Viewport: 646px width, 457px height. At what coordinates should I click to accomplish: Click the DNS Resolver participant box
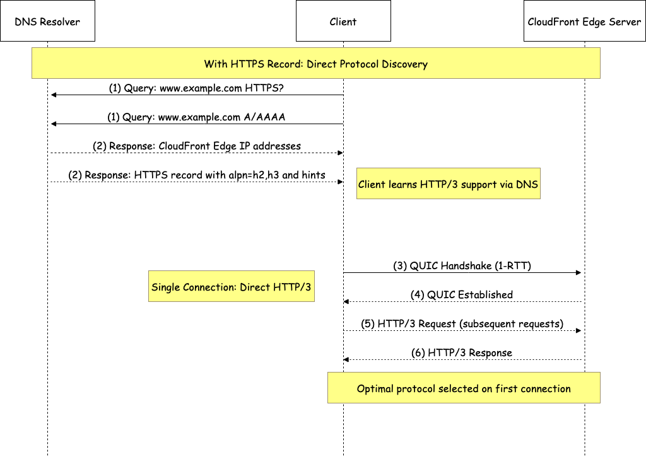(x=47, y=21)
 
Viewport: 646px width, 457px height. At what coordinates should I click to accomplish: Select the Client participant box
(x=343, y=21)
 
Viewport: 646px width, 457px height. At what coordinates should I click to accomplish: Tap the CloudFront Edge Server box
(x=584, y=21)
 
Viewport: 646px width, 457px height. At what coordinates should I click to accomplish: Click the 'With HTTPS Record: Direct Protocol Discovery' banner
(x=315, y=64)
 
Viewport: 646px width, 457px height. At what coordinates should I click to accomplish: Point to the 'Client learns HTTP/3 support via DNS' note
(x=448, y=184)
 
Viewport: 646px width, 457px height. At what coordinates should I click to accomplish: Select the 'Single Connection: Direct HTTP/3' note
(x=231, y=287)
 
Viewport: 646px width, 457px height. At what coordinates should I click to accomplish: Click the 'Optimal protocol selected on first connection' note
(x=463, y=388)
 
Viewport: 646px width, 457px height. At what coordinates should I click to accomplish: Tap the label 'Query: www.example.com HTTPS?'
(x=196, y=88)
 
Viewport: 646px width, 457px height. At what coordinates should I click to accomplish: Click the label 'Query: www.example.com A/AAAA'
(x=196, y=117)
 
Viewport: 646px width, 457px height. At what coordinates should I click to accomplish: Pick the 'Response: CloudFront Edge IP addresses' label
(x=196, y=146)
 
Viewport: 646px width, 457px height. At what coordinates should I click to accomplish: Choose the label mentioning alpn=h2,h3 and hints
(x=196, y=175)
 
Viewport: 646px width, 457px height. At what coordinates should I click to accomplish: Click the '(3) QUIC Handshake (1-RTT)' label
(x=462, y=265)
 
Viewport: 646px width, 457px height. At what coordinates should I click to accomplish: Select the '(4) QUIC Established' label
(x=462, y=294)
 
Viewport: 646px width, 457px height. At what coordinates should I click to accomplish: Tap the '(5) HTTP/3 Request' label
(x=462, y=323)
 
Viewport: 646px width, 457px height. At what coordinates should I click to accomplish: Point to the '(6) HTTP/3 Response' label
(x=462, y=352)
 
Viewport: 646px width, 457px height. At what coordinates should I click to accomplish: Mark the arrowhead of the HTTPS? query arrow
(x=54, y=95)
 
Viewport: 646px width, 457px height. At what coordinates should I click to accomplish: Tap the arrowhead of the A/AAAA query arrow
(x=54, y=124)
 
